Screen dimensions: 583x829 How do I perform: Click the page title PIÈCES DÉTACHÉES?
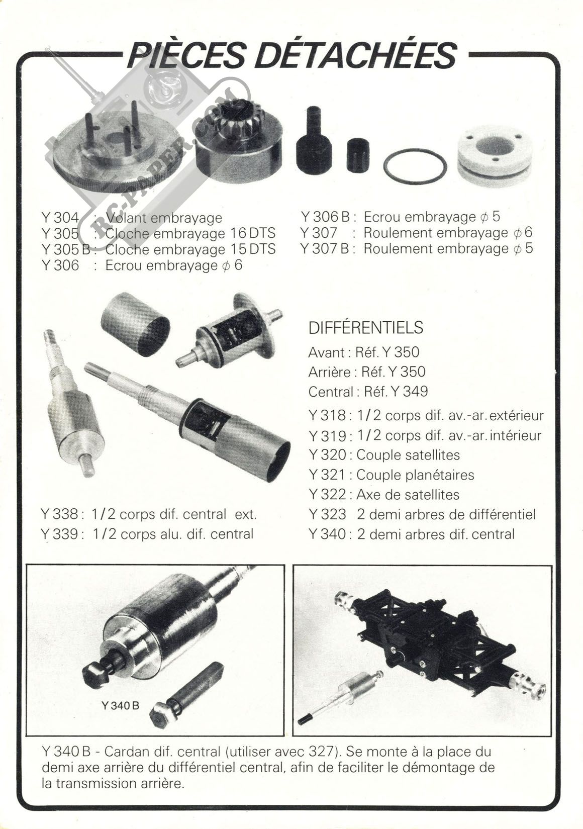pos(291,55)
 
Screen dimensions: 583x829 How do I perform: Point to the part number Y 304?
pos(61,218)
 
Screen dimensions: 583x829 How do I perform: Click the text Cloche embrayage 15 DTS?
pos(190,249)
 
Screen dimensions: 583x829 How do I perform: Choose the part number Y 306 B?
pos(325,217)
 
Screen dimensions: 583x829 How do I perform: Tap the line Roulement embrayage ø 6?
pos(448,232)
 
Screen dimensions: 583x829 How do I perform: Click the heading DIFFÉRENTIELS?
pos(365,328)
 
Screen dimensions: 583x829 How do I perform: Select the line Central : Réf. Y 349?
pos(368,391)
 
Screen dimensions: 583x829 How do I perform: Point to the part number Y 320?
pos(327,455)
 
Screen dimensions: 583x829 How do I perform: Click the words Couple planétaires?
pos(415,475)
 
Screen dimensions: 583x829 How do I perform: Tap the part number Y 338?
pos(60,514)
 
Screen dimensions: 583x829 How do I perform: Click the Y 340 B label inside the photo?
pos(120,705)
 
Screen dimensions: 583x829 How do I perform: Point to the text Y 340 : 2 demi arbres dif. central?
pos(412,534)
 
